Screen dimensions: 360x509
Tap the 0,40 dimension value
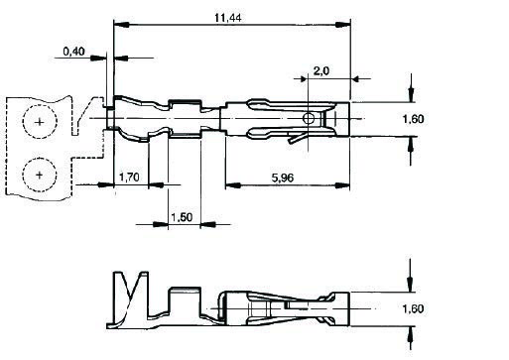(x=73, y=51)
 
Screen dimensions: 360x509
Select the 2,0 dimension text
(x=321, y=70)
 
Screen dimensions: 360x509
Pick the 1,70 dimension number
(x=129, y=178)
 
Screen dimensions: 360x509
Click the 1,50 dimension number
(x=182, y=217)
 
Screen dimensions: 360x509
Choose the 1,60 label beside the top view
(x=442, y=119)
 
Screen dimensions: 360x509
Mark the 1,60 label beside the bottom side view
(x=442, y=309)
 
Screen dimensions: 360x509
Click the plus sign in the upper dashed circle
(x=39, y=122)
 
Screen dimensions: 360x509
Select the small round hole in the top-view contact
(x=310, y=119)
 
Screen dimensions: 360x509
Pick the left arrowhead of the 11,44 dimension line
(x=118, y=24)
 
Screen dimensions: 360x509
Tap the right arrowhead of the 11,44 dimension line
(x=348, y=24)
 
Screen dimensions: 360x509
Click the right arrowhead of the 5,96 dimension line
(x=348, y=184)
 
